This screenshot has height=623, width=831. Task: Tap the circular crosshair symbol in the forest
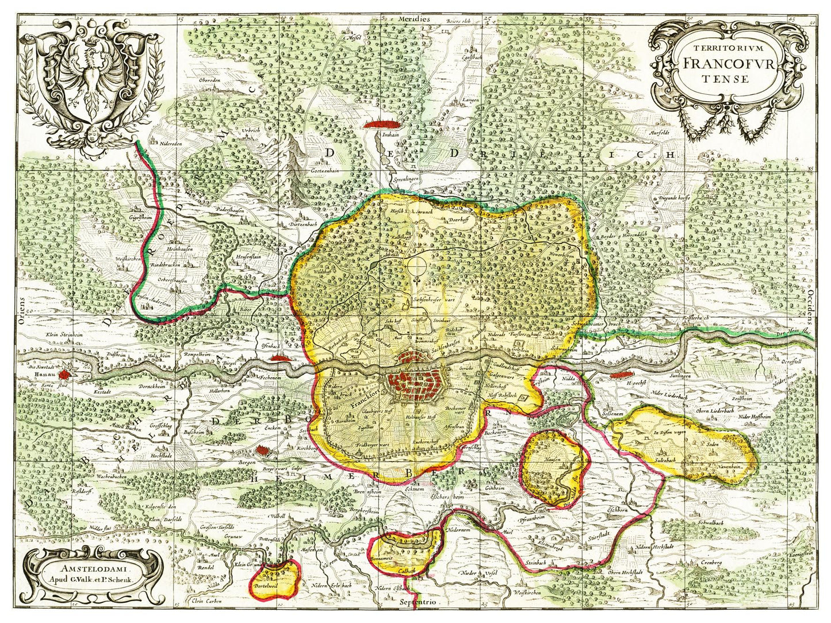click(x=419, y=266)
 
